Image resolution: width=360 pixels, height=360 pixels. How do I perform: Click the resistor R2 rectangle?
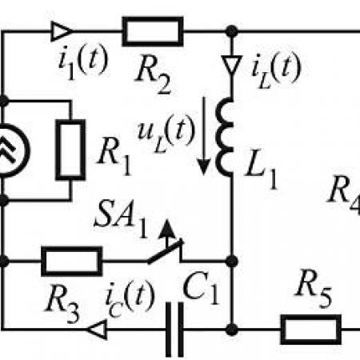click(153, 31)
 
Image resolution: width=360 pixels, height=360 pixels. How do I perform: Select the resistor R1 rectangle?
click(70, 150)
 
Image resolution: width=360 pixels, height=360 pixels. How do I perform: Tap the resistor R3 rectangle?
click(72, 261)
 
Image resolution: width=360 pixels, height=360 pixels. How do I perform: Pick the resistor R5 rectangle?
click(311, 330)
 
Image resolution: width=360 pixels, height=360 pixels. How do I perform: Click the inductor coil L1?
click(225, 137)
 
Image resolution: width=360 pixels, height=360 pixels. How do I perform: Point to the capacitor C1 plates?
click(174, 330)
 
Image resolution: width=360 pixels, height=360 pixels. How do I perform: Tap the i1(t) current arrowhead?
click(62, 31)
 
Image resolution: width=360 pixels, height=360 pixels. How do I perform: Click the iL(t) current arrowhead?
click(232, 65)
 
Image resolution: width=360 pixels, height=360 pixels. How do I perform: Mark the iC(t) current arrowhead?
click(98, 330)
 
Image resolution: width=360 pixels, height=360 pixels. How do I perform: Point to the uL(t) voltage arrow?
click(204, 136)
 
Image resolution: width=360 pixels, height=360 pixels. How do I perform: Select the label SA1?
click(121, 218)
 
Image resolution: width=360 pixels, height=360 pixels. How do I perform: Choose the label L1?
click(262, 174)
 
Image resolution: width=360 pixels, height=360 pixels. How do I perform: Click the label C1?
click(201, 289)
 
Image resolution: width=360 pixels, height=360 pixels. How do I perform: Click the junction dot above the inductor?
click(232, 31)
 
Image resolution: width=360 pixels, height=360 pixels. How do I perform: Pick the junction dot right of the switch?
click(232, 261)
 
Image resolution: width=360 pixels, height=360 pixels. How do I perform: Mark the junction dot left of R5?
click(232, 330)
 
